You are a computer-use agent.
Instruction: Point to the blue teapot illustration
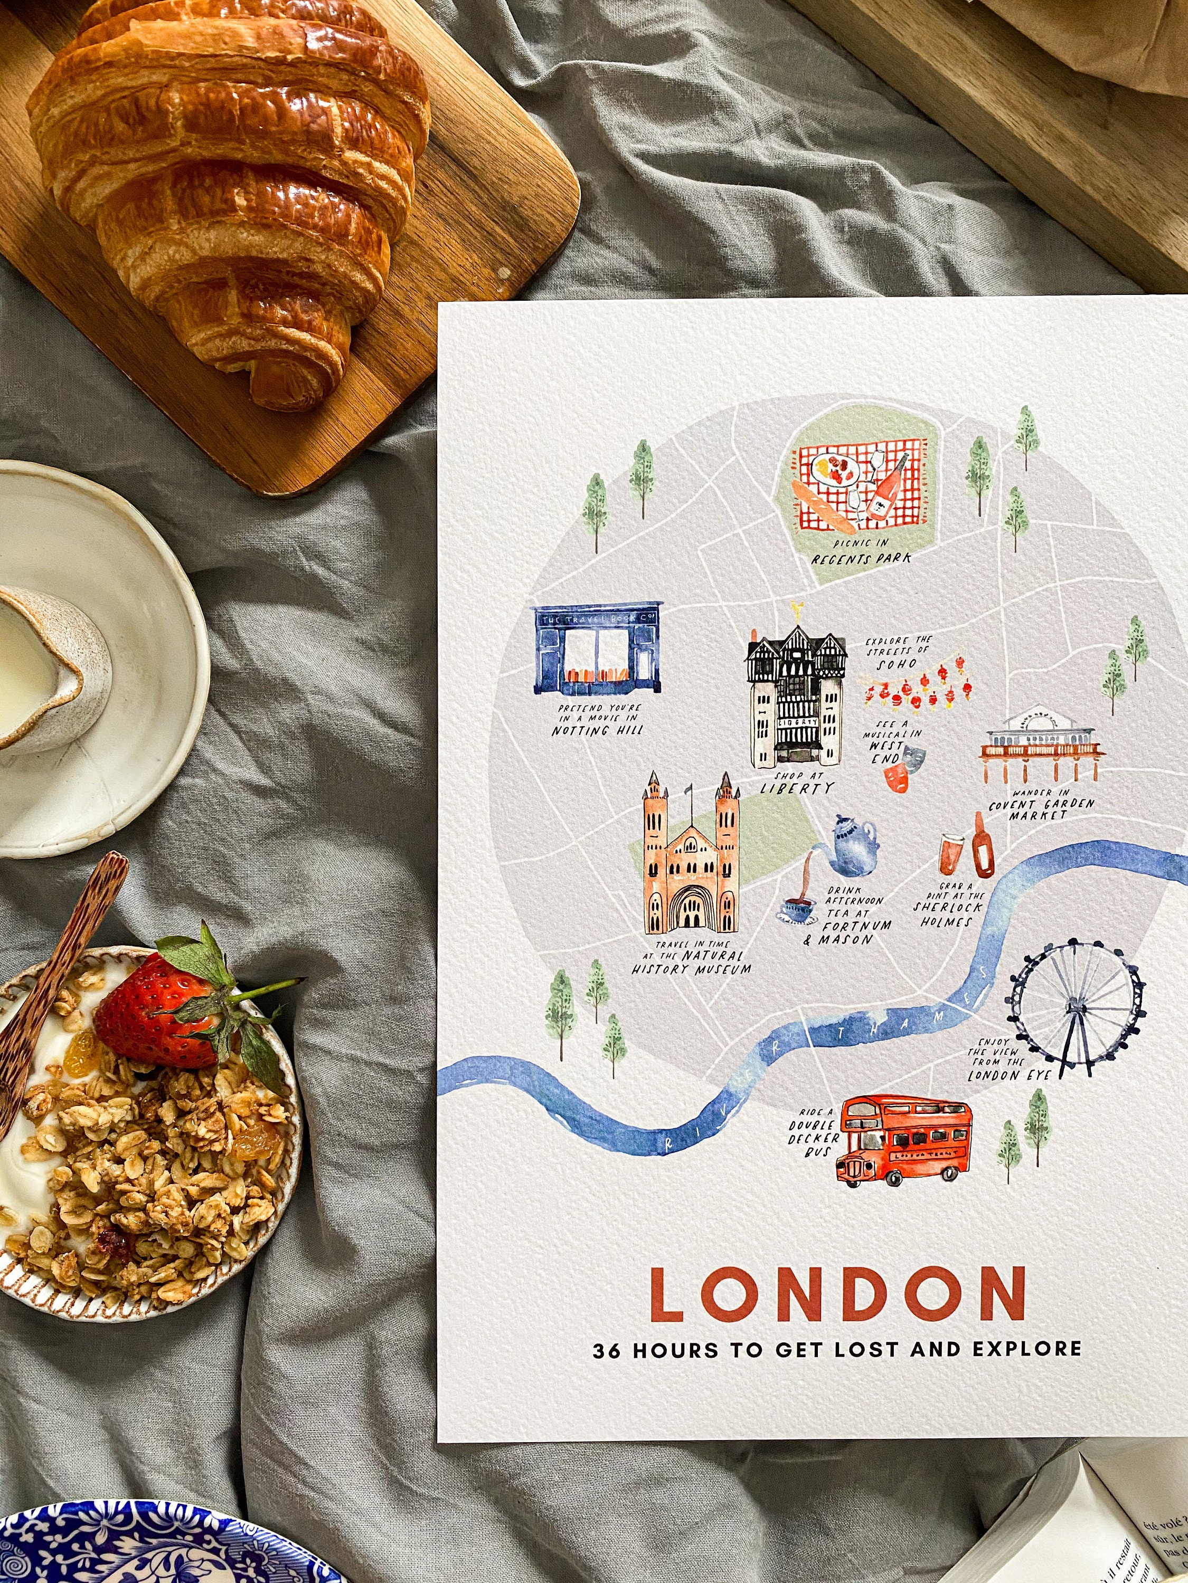852,846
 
